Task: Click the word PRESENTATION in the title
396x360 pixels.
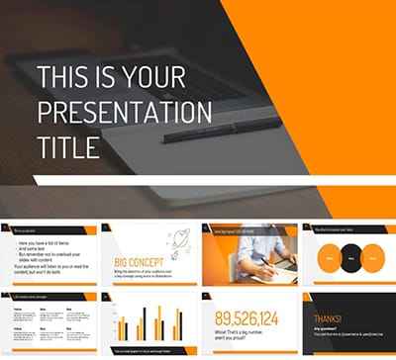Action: click(x=124, y=111)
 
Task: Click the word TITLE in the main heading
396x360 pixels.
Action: click(x=67, y=146)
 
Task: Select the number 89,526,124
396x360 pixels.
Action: click(x=247, y=318)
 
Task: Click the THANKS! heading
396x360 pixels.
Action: click(x=328, y=317)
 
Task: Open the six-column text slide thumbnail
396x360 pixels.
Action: click(x=49, y=320)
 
